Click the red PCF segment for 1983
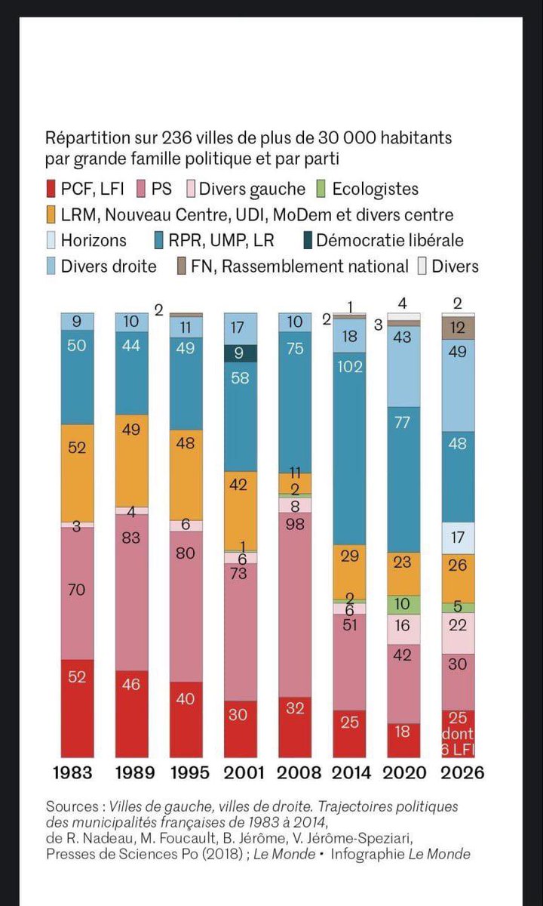(77, 708)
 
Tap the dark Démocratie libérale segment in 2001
(240, 353)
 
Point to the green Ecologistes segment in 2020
(403, 605)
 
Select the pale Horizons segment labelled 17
(457, 538)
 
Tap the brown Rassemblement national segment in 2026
(457, 328)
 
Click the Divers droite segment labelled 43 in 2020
(403, 367)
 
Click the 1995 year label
(186, 772)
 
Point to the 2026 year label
(457, 772)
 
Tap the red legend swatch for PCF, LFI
(51, 189)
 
